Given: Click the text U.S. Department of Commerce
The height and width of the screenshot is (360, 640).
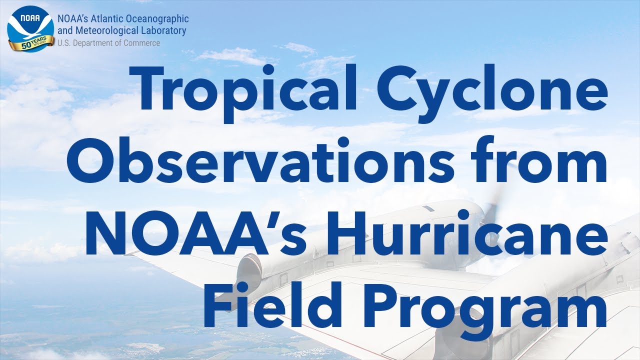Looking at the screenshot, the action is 109,43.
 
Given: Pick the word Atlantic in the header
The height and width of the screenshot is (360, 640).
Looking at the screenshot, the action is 107,19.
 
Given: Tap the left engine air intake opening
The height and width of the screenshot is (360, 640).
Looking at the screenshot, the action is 249,270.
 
